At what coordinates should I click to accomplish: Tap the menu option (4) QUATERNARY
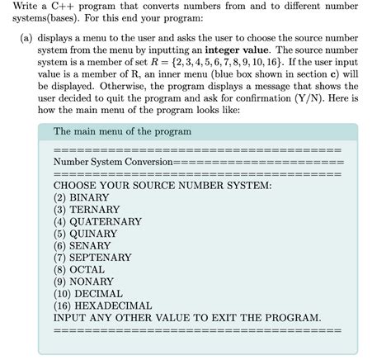[97, 222]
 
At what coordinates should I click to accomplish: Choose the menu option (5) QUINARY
[85, 234]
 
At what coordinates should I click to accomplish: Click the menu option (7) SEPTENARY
[92, 258]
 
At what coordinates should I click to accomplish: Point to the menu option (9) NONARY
[83, 282]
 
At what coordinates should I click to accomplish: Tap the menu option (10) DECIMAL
[87, 293]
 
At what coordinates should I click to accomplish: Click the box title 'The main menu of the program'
[121, 131]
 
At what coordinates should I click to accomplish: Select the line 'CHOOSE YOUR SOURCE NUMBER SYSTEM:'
[162, 186]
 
